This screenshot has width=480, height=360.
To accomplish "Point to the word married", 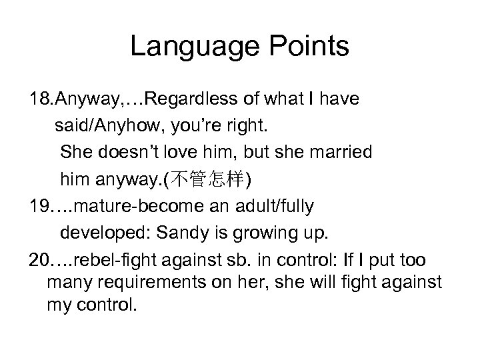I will click(x=335, y=153).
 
